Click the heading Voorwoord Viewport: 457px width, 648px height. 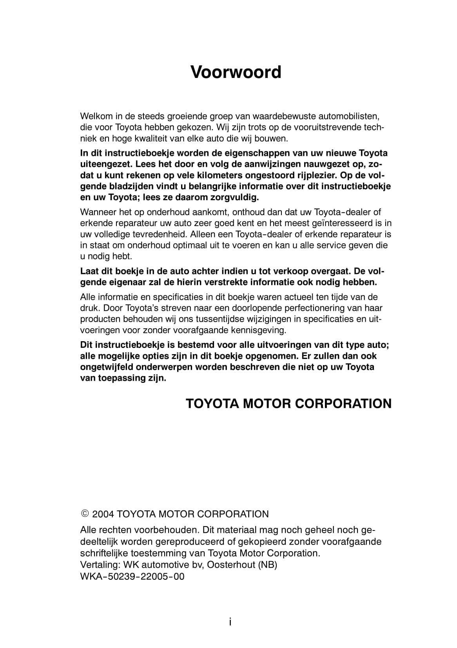[x=236, y=72]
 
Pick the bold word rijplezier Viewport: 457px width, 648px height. [x=318, y=175]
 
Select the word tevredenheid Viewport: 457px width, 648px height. [x=151, y=234]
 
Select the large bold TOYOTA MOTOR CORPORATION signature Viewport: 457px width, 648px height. [x=288, y=404]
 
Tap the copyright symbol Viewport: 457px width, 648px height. [x=85, y=514]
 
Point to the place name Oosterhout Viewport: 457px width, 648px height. [x=231, y=565]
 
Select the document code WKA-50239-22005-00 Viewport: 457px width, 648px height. [x=132, y=577]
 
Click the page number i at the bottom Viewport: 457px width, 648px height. [x=230, y=622]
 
